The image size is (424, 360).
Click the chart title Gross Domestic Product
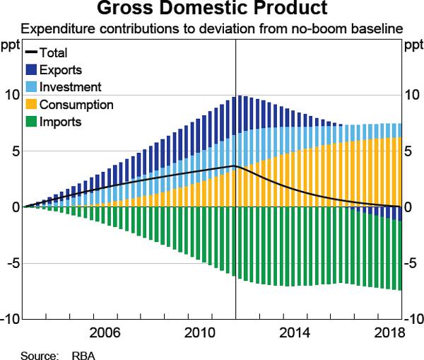pyautogui.click(x=212, y=9)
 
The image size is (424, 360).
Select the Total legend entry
pyautogui.click(x=54, y=53)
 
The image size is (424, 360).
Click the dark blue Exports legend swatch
pyautogui.click(x=32, y=70)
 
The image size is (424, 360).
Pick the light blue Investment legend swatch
pyautogui.click(x=32, y=87)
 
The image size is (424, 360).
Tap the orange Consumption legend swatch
pyautogui.click(x=32, y=105)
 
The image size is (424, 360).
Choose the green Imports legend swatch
pyautogui.click(x=32, y=122)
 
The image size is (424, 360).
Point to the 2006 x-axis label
pyautogui.click(x=104, y=332)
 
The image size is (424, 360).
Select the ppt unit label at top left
pyautogui.click(x=11, y=47)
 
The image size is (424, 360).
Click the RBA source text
pyautogui.click(x=83, y=354)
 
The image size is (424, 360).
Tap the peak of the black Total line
pyautogui.click(x=235, y=166)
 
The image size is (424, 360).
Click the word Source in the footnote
pyautogui.click(x=37, y=354)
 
